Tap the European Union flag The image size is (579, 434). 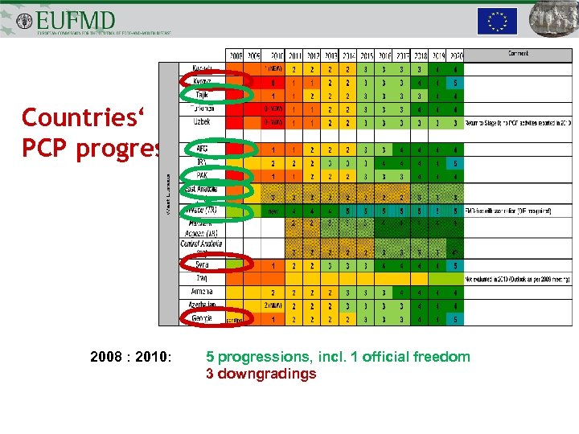point(497,21)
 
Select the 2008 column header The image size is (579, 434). point(235,55)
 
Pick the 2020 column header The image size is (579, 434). point(455,55)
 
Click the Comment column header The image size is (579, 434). point(517,55)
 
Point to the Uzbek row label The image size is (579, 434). point(202,122)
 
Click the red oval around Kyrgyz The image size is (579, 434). point(203,81)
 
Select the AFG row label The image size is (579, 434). point(202,149)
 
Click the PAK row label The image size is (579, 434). point(202,175)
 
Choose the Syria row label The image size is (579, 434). point(203,264)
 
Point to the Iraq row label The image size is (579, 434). point(203,278)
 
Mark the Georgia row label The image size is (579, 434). point(203,318)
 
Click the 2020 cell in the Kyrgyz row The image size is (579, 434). point(455,82)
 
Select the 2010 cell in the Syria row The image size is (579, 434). point(274,264)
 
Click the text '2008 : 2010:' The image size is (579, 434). point(131,357)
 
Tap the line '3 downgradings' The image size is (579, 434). point(261,374)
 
